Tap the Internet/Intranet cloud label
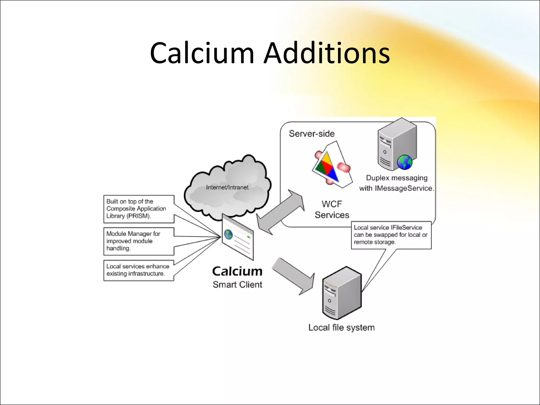point(227,187)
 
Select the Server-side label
point(312,134)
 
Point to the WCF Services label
point(332,209)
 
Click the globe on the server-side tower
point(405,162)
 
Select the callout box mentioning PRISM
point(139,209)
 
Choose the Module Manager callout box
point(139,241)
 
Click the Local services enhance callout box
point(139,270)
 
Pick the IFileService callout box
point(391,235)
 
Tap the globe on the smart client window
point(228,234)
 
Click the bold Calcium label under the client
point(237,271)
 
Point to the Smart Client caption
point(237,285)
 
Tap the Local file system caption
point(341,328)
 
